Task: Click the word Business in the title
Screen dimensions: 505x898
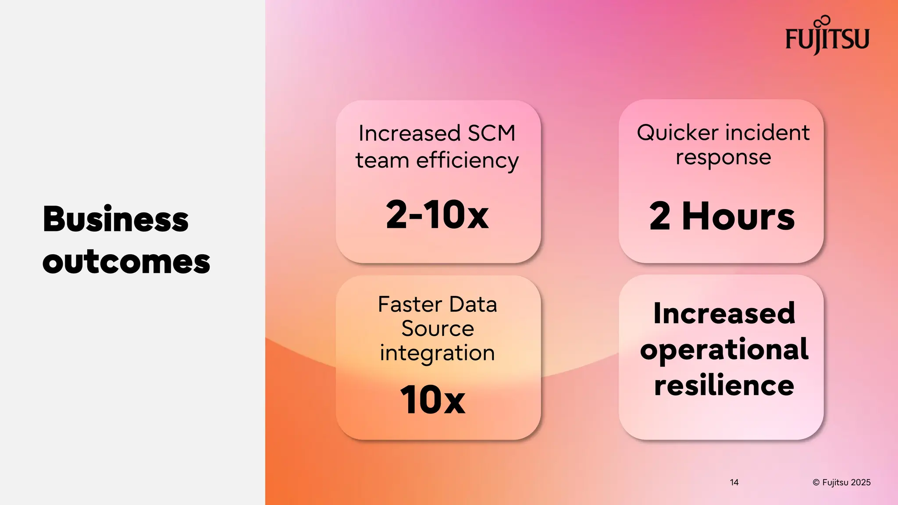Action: coord(116,219)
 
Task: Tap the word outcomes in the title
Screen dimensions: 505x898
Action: coord(126,262)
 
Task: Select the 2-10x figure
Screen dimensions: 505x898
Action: coord(437,214)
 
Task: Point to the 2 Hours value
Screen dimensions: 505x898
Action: coord(722,216)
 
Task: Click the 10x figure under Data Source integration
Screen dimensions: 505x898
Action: coord(433,399)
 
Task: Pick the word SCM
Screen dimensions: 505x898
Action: coord(492,133)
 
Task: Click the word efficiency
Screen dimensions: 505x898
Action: coord(467,160)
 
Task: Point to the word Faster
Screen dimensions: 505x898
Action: coord(410,304)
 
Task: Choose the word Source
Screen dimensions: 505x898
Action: coord(438,329)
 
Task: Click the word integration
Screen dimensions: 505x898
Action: coord(437,353)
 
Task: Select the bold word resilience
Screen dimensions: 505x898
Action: coord(724,385)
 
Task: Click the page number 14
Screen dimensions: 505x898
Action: coord(734,482)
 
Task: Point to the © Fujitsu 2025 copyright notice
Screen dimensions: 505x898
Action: coord(841,482)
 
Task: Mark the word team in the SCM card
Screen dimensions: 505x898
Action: coord(382,160)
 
